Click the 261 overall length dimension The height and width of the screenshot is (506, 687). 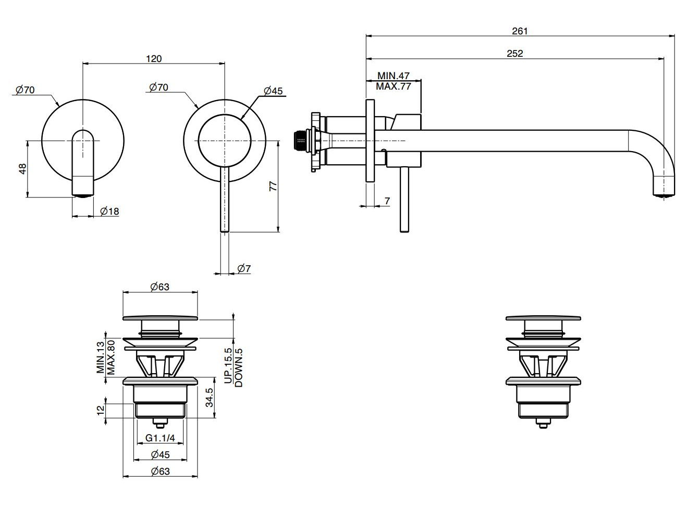[x=519, y=31]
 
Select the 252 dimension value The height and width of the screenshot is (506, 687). [x=514, y=53]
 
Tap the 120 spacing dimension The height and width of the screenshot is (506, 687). [x=154, y=58]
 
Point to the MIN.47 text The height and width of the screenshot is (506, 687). [x=394, y=76]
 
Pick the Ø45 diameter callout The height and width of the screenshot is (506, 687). [x=273, y=91]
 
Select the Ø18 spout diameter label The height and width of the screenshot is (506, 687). [x=109, y=211]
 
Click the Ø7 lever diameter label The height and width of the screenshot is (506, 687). [x=244, y=269]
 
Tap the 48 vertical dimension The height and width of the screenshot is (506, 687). [x=22, y=169]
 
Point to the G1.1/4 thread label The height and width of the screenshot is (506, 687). [x=160, y=438]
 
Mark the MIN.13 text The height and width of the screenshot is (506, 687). [x=100, y=357]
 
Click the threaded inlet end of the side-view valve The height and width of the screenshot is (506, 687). [x=299, y=141]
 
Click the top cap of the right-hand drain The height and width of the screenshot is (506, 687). [x=543, y=318]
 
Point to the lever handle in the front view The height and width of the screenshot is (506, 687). [x=225, y=201]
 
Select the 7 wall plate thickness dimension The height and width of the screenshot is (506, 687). [x=386, y=201]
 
